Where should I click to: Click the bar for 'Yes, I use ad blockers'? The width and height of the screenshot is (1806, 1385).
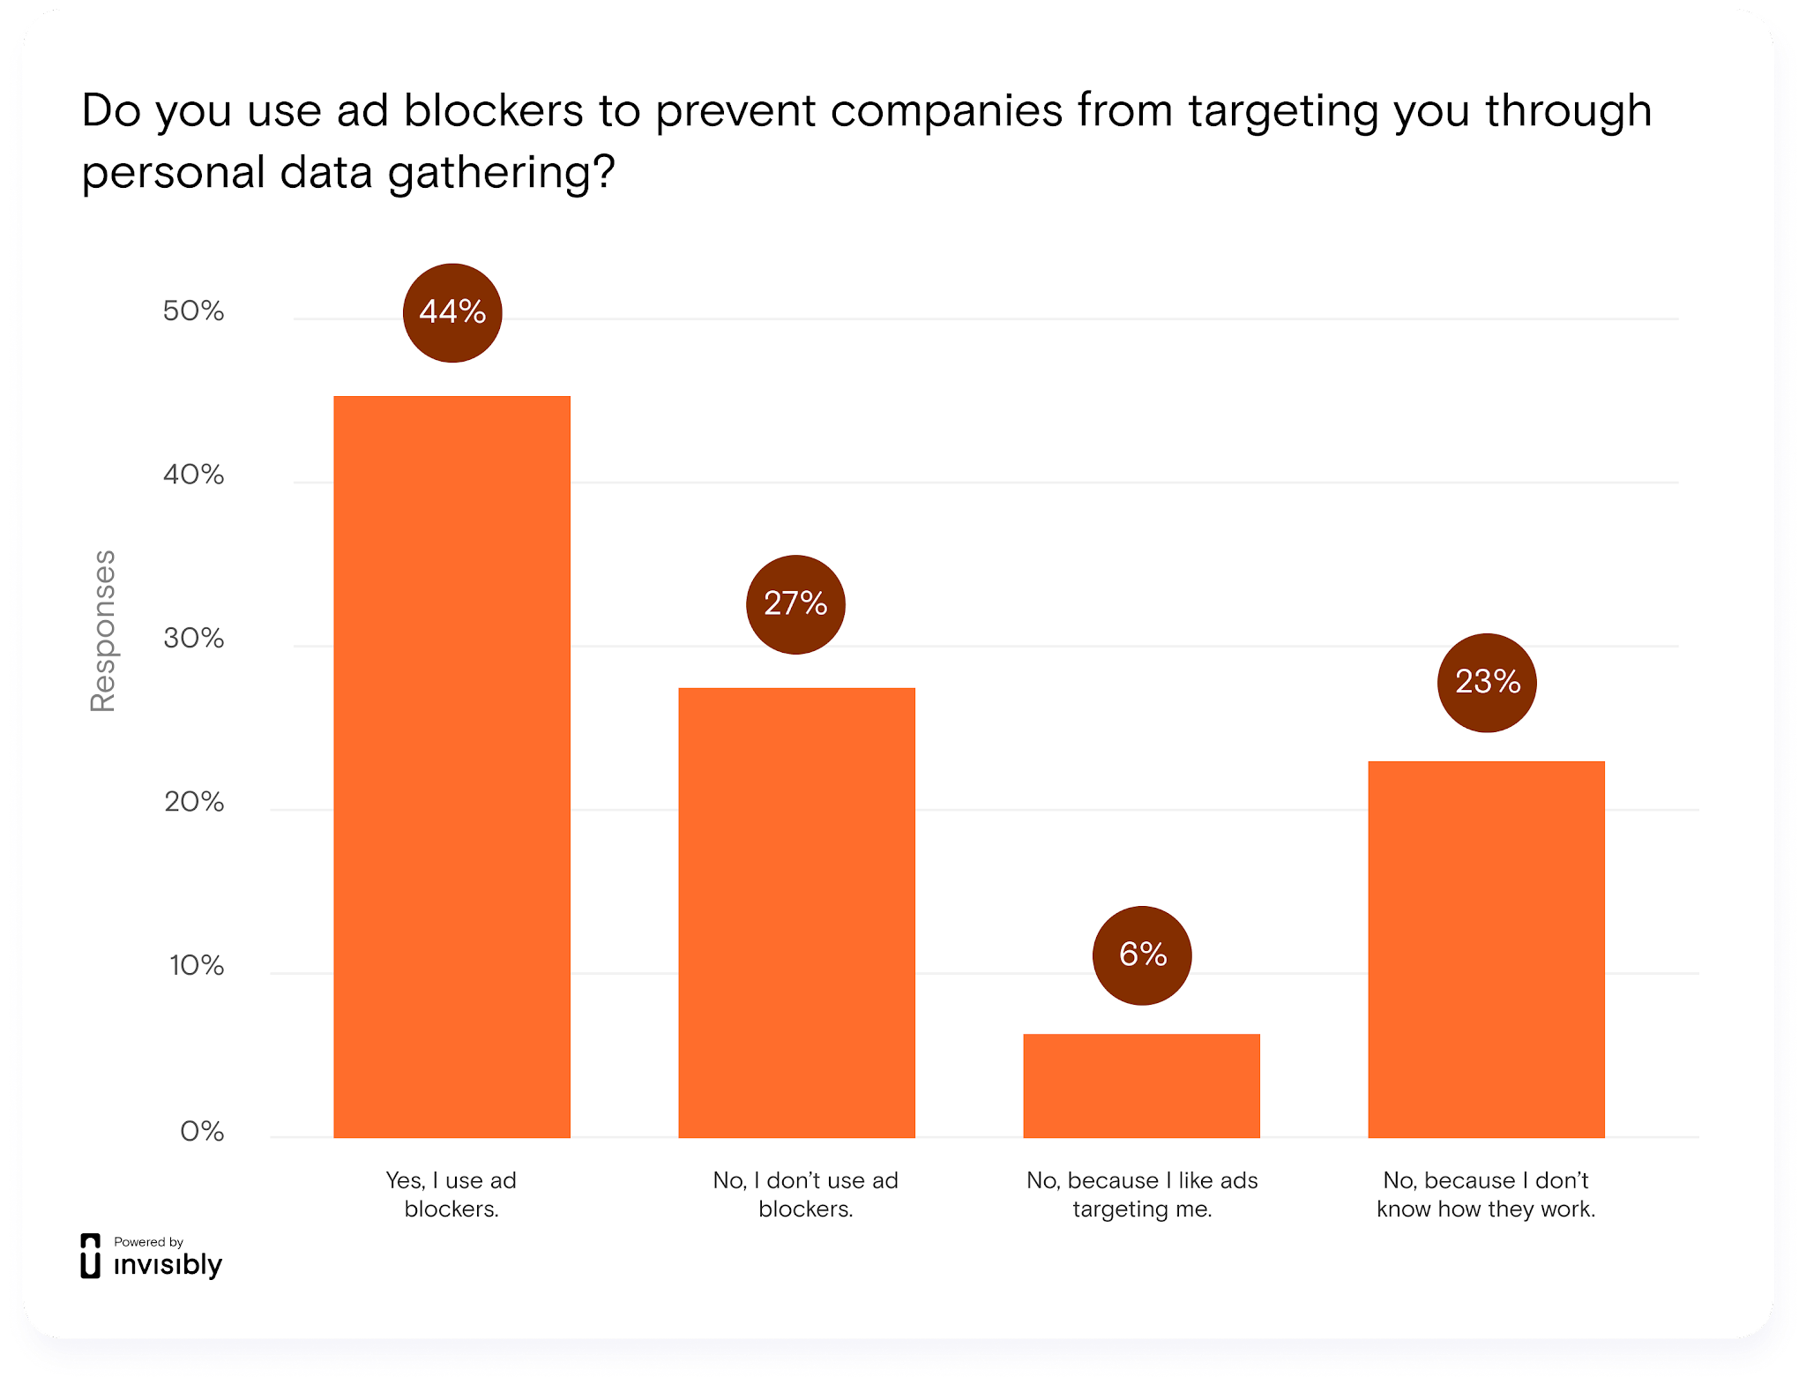pos(451,767)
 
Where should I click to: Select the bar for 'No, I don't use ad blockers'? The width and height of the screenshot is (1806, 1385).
pos(796,912)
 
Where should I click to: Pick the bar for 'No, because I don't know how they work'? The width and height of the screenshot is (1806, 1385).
pos(1486,949)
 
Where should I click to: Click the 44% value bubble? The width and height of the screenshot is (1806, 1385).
pos(452,312)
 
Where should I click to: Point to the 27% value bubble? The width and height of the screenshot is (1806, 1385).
pos(795,604)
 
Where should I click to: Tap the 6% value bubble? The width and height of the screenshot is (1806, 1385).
pos(1142,955)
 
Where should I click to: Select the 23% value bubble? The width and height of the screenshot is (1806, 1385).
pos(1487,682)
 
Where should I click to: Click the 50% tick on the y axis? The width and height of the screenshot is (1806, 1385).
pos(193,311)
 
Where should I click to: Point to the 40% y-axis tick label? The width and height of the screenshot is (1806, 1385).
pos(193,475)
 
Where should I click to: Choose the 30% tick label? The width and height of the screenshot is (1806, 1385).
pos(193,639)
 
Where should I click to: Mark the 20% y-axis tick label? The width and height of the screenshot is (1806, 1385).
pos(193,802)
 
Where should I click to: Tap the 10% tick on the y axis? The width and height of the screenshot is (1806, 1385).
pos(196,966)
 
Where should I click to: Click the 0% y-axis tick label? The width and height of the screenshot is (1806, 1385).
pos(202,1131)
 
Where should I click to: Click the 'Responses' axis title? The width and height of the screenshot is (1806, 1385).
pos(103,631)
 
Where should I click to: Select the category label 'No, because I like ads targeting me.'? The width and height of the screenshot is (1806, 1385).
pos(1142,1194)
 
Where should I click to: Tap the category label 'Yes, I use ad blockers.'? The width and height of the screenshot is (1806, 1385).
pos(451,1194)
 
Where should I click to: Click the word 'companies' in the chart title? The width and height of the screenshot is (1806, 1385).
pos(946,111)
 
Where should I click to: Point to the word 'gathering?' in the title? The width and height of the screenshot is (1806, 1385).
pos(501,173)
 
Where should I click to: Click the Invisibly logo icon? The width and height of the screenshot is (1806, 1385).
pos(90,1256)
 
